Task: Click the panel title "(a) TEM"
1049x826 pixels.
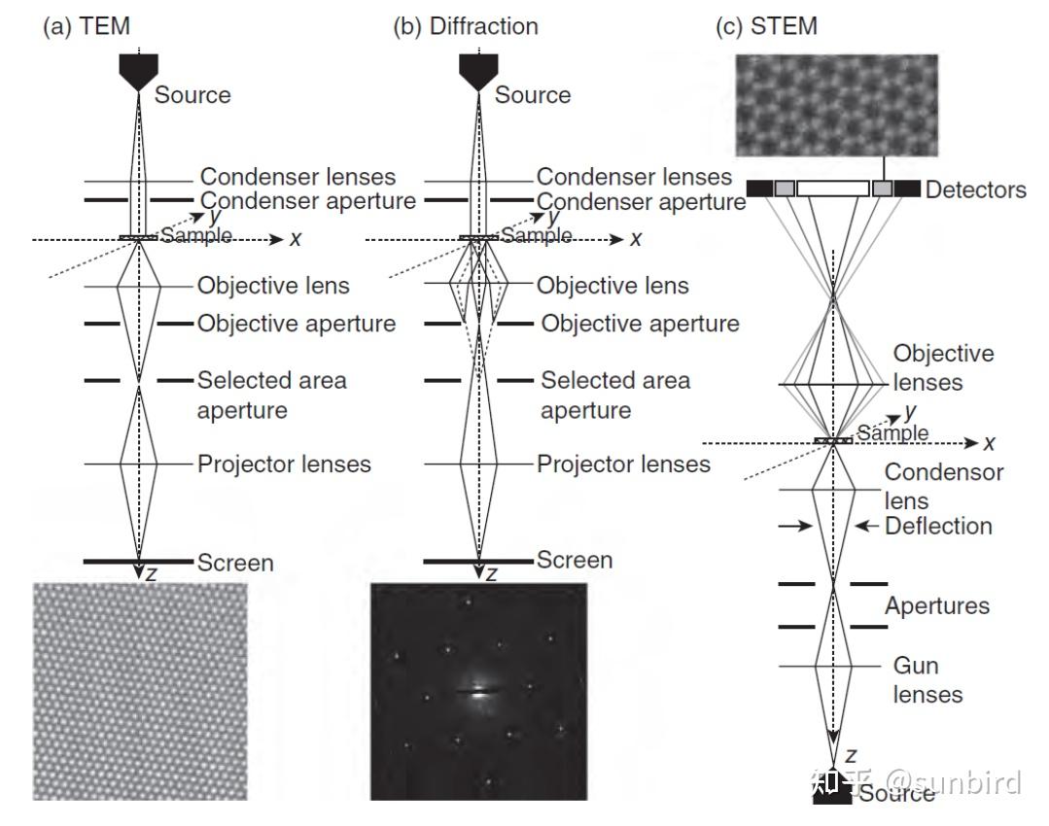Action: (86, 26)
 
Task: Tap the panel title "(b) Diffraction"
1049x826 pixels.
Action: (465, 26)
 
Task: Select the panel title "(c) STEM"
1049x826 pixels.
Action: (766, 26)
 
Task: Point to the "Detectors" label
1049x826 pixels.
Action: (975, 189)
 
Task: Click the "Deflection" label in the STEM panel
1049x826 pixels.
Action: (938, 526)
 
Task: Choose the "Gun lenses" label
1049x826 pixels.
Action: (927, 680)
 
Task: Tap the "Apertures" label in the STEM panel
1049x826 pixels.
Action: (936, 606)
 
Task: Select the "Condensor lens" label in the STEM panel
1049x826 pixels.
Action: (943, 486)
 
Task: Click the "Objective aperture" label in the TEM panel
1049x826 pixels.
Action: (297, 324)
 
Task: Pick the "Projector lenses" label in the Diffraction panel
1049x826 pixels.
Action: (623, 465)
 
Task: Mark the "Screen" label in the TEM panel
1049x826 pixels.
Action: (235, 562)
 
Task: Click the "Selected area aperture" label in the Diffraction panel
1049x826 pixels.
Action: (614, 395)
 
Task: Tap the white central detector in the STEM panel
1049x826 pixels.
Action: (832, 189)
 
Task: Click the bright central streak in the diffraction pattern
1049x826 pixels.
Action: (478, 692)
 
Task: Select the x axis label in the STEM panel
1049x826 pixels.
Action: (989, 443)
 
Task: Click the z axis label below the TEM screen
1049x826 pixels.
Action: (151, 575)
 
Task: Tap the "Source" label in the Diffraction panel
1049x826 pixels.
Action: (533, 95)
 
